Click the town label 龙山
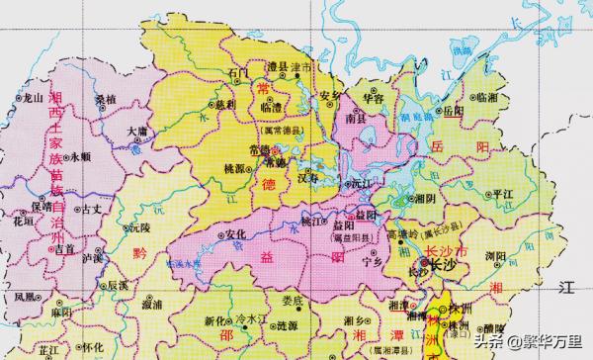click(x=35, y=98)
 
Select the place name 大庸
click(x=137, y=131)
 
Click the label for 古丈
click(x=92, y=209)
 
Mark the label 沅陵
click(x=138, y=227)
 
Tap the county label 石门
click(x=237, y=73)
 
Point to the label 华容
click(x=371, y=99)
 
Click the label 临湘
click(x=486, y=98)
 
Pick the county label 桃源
click(x=237, y=170)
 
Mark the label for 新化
click(x=216, y=322)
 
